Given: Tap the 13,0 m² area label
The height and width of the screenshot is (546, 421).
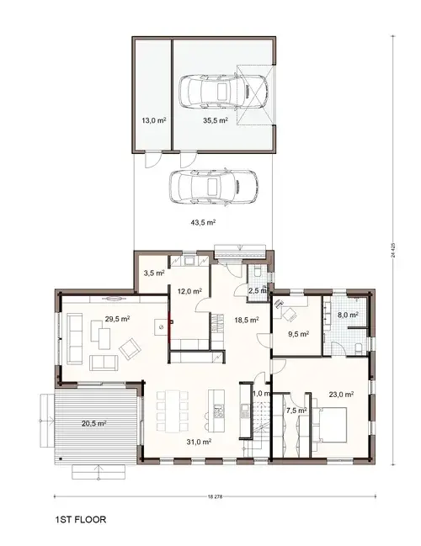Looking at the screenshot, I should (x=153, y=121).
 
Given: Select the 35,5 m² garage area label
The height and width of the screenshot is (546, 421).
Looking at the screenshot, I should (x=216, y=121).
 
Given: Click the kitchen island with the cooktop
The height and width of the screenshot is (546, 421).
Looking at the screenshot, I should (x=217, y=406).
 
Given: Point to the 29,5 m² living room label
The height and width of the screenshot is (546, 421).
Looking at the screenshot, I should (x=117, y=320).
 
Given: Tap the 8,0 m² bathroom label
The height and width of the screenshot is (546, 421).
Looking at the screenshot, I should (x=349, y=315).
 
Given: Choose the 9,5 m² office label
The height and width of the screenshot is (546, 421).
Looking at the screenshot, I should (x=299, y=334).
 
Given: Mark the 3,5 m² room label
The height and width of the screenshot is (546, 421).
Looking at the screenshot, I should (x=153, y=273).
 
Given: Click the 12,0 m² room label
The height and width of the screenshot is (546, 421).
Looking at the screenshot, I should (x=189, y=291).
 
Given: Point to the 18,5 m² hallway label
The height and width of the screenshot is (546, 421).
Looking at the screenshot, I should (x=246, y=321).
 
